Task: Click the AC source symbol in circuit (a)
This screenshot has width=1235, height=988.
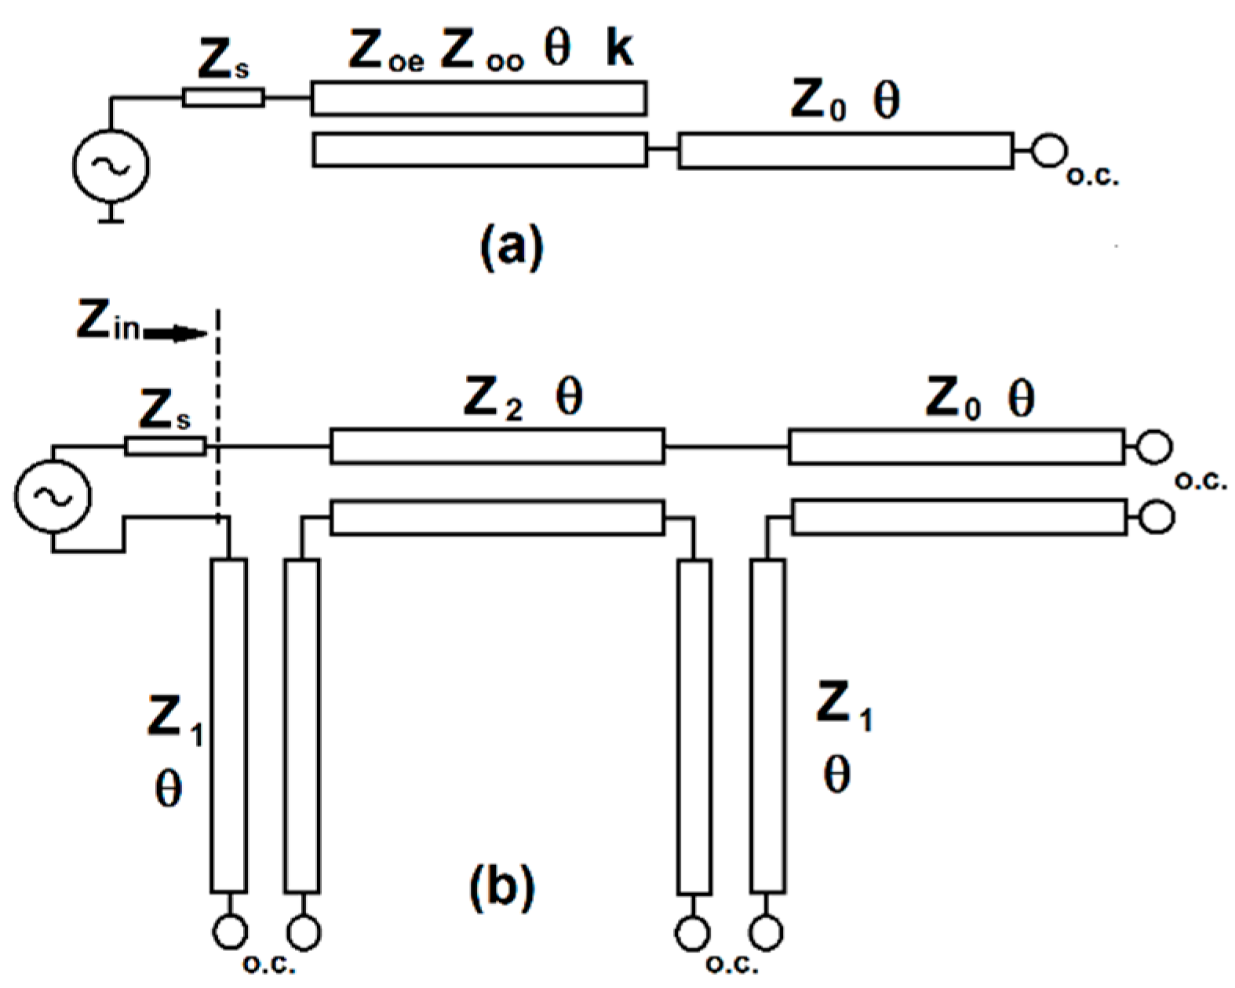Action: click(x=111, y=165)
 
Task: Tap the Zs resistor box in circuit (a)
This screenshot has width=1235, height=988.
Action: click(x=223, y=98)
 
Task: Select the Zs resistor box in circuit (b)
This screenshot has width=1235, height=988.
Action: click(x=166, y=447)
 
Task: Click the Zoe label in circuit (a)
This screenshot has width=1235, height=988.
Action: click(x=385, y=53)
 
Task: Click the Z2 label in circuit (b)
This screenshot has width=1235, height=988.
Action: click(x=493, y=399)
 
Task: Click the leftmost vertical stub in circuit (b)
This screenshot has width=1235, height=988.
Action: click(x=229, y=725)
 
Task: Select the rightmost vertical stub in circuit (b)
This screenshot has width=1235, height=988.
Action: click(x=767, y=725)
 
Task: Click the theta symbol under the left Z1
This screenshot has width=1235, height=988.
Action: click(x=169, y=789)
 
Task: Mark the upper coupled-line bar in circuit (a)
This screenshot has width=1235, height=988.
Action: click(x=479, y=98)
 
